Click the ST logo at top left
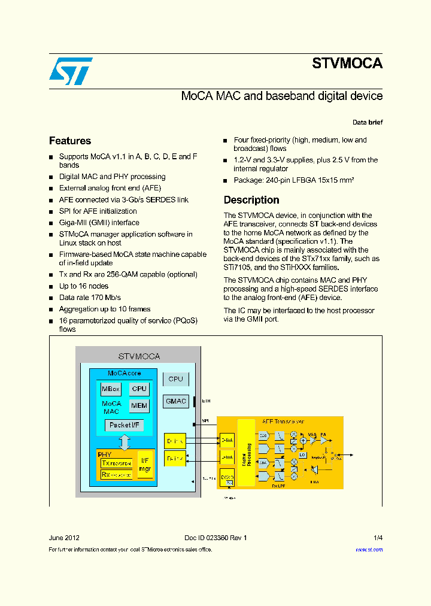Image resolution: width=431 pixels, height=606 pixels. (x=70, y=71)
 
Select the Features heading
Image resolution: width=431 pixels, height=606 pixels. (x=70, y=141)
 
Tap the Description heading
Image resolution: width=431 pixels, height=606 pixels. (x=251, y=200)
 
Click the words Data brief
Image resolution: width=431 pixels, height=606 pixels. (x=368, y=122)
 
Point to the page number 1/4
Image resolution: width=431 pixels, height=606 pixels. (x=378, y=538)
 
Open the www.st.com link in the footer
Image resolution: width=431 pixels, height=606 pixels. (x=369, y=549)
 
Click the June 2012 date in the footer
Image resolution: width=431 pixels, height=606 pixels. (x=63, y=538)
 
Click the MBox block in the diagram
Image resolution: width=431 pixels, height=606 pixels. (x=111, y=389)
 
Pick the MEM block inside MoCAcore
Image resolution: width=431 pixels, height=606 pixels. (x=139, y=405)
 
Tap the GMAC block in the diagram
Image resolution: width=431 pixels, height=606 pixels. (x=176, y=401)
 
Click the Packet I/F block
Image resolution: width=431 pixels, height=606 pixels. (x=124, y=425)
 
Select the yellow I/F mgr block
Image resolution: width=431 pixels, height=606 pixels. (x=145, y=465)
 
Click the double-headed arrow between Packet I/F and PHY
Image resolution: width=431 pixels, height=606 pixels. (x=125, y=443)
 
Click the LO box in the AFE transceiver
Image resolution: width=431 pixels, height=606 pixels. (x=303, y=455)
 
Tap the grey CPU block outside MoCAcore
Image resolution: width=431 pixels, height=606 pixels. (x=176, y=379)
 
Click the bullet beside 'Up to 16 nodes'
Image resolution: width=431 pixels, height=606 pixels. (x=51, y=287)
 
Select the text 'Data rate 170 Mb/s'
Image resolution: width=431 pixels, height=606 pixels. (x=90, y=298)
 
